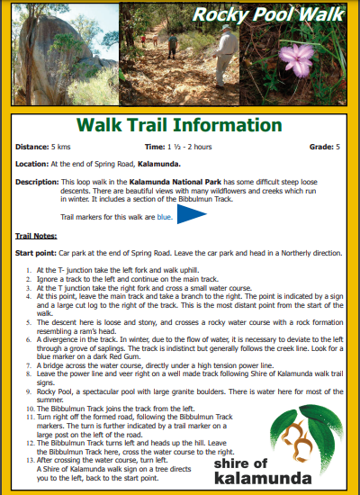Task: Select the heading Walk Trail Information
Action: tap(179, 125)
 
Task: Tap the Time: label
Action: tap(154, 146)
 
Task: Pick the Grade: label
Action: tap(320, 146)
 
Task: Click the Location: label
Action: tap(31, 164)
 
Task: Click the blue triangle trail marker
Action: tap(192, 216)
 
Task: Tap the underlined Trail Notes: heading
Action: tap(36, 235)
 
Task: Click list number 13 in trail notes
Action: tap(30, 459)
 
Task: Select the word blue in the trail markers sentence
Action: tap(164, 217)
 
